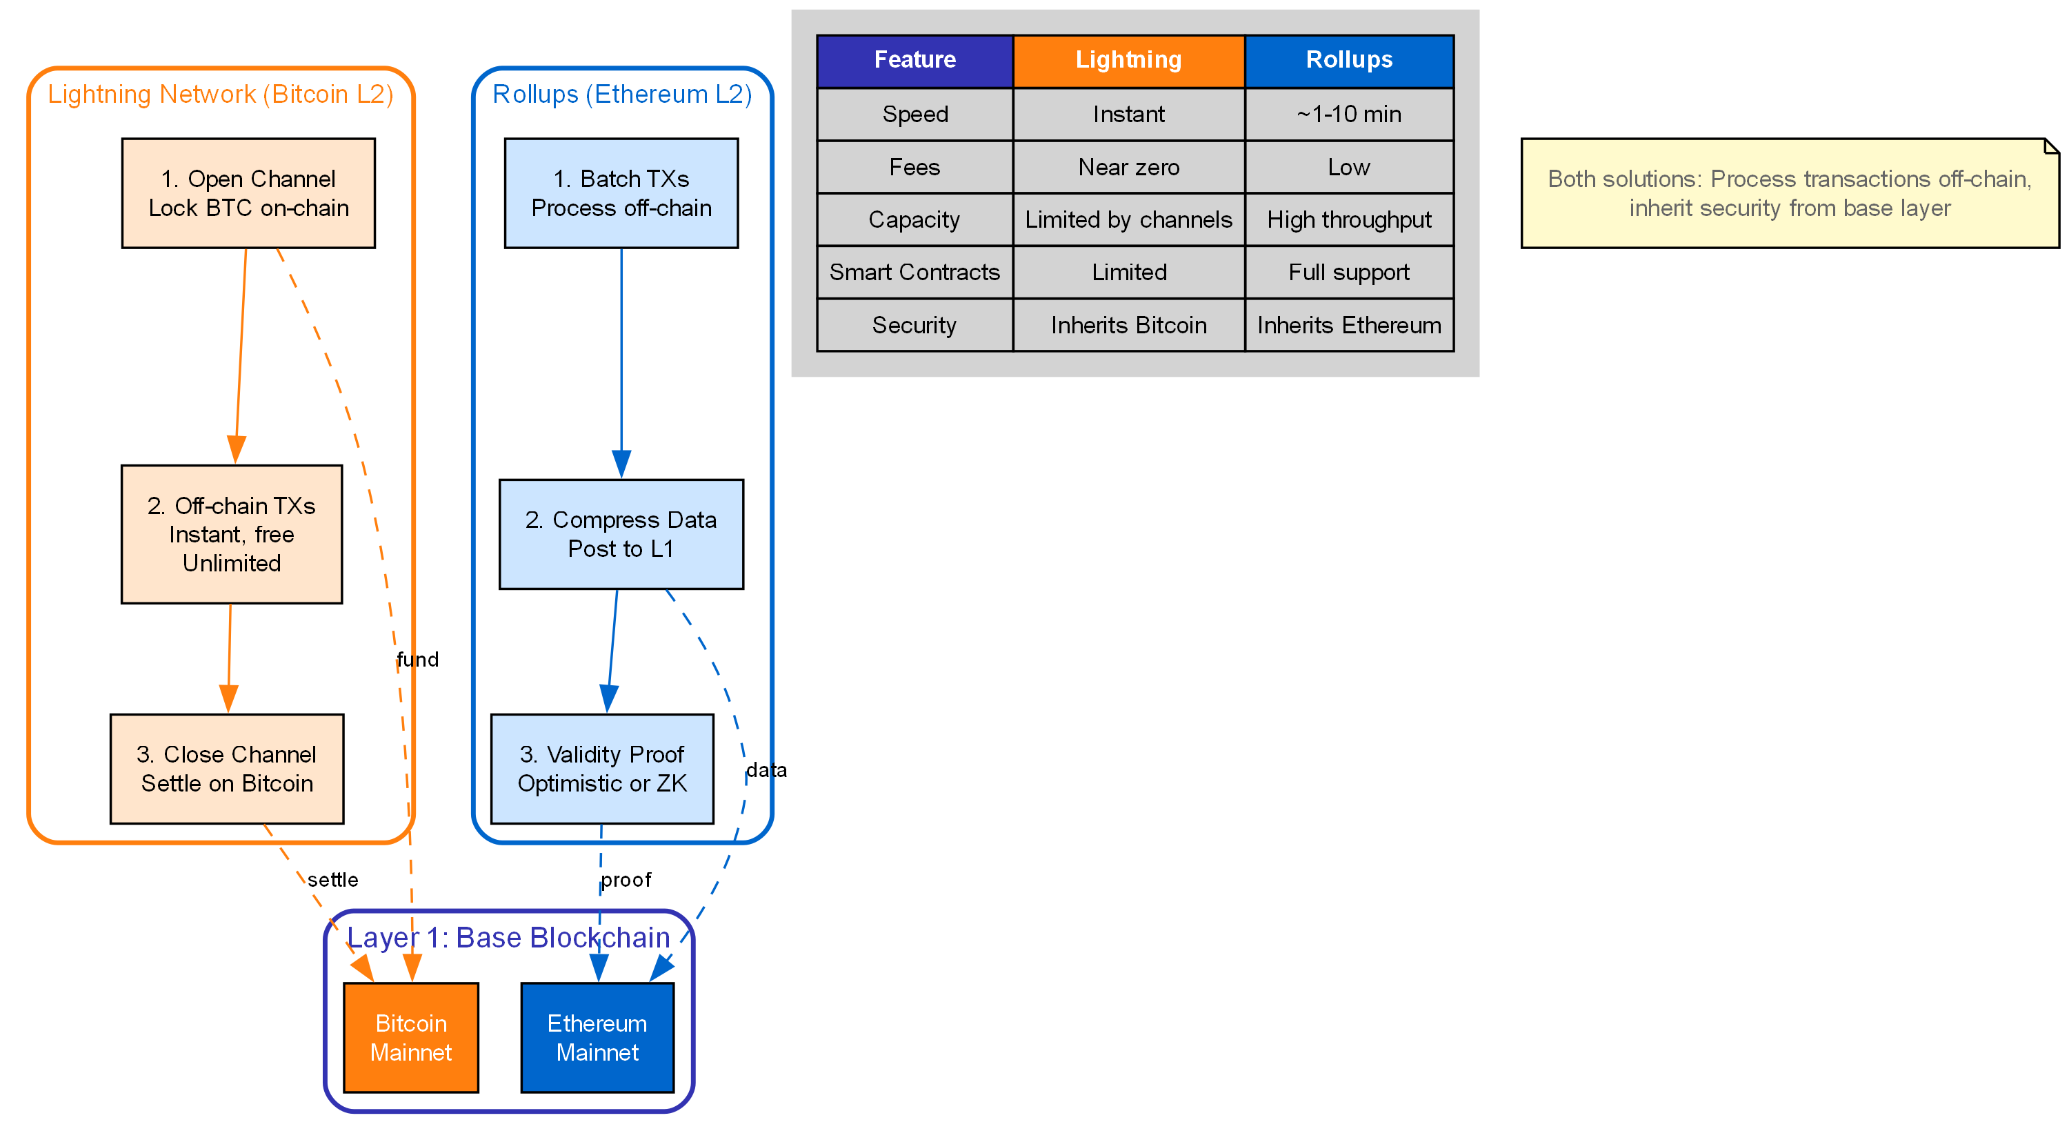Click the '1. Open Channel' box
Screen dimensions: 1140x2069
pyautogui.click(x=248, y=193)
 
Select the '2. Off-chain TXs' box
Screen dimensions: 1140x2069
pyautogui.click(x=231, y=534)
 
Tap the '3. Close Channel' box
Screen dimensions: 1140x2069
pyautogui.click(x=228, y=769)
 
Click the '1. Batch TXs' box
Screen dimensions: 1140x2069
pyautogui.click(x=621, y=193)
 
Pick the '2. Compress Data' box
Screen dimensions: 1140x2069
pyautogui.click(x=621, y=534)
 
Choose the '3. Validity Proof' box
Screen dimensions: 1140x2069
pyautogui.click(x=601, y=769)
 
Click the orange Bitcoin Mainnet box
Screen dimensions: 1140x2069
pyautogui.click(x=410, y=1037)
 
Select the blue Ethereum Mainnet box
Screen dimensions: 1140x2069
pyautogui.click(x=597, y=1037)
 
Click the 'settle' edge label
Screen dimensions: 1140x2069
pyautogui.click(x=332, y=880)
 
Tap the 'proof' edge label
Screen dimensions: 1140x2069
pyautogui.click(x=626, y=880)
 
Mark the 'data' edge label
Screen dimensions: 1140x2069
pyautogui.click(x=766, y=770)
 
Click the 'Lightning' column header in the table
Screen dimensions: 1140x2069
pyautogui.click(x=1128, y=60)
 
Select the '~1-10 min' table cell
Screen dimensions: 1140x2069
pyautogui.click(x=1348, y=114)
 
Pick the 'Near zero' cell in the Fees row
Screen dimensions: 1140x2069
pyautogui.click(x=1128, y=167)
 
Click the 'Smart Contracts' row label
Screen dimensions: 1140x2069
pyautogui.click(x=914, y=273)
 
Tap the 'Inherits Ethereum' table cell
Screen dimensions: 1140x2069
pyautogui.click(x=1348, y=326)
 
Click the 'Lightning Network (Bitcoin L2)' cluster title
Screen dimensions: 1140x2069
pyautogui.click(x=221, y=94)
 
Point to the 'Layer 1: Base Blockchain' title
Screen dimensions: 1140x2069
pyautogui.click(x=508, y=938)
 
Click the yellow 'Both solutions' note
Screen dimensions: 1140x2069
pyautogui.click(x=1789, y=193)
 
